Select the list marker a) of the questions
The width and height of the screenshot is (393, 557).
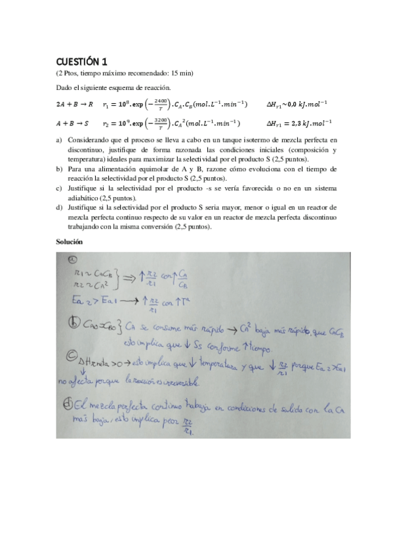60,140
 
